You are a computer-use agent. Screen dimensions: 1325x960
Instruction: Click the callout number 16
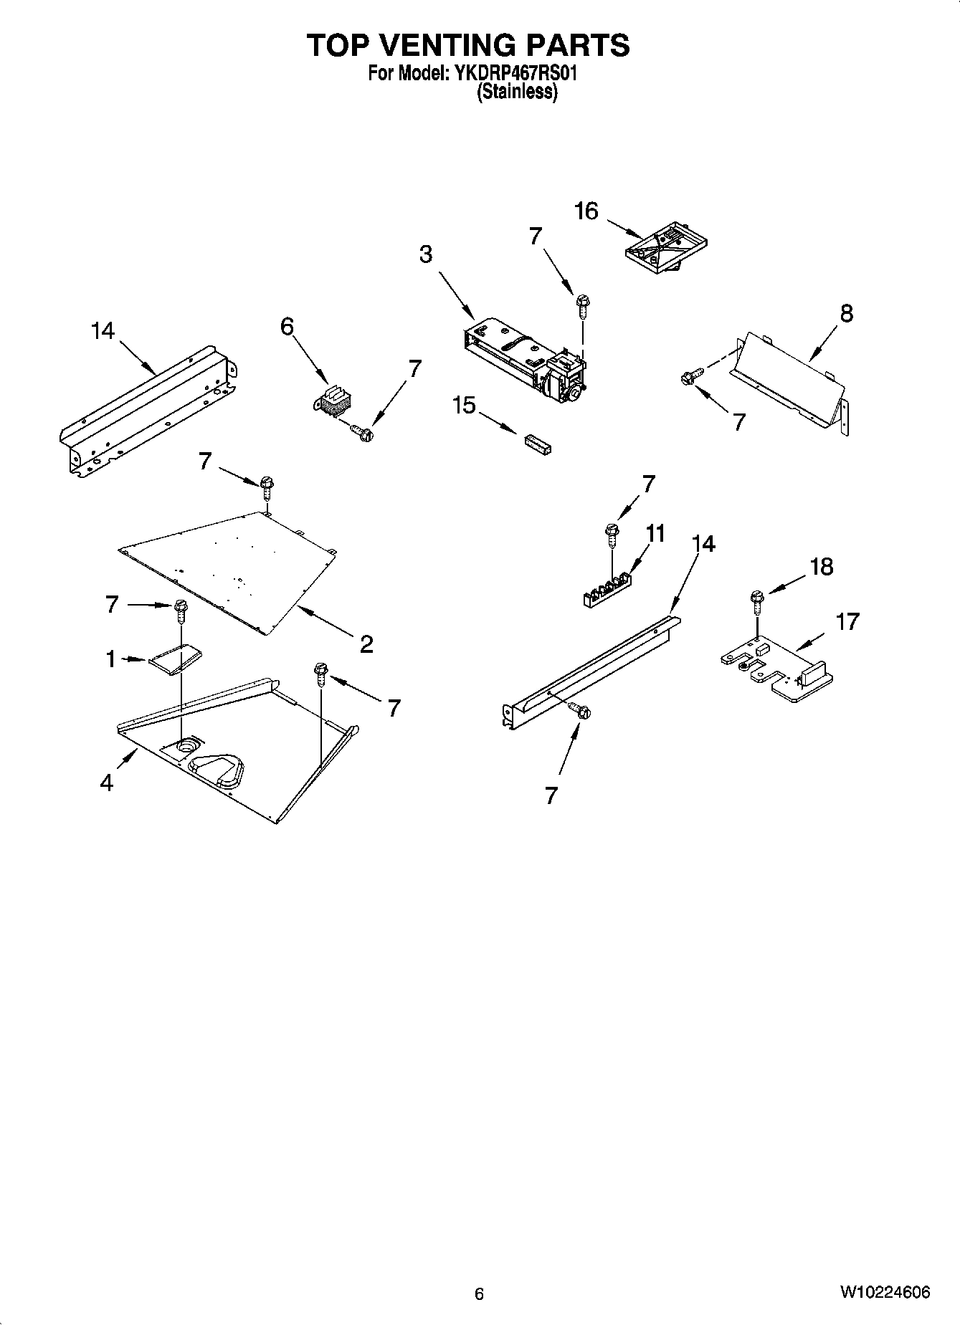(586, 211)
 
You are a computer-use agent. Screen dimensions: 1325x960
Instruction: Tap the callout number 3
(426, 254)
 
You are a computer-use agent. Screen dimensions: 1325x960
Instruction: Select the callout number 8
(846, 313)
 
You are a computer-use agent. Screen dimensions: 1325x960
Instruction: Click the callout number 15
(464, 406)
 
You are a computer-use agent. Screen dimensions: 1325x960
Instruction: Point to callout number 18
(821, 567)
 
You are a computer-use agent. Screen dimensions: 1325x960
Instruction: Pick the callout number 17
(847, 621)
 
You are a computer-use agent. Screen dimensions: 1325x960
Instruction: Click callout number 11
(655, 533)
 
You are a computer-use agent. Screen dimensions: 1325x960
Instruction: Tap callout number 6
(287, 327)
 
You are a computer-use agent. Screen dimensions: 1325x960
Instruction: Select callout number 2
(366, 644)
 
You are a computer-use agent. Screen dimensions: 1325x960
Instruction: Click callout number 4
(107, 783)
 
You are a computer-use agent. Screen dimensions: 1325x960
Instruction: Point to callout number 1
(111, 659)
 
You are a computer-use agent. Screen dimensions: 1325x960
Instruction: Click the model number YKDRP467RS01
(512, 73)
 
